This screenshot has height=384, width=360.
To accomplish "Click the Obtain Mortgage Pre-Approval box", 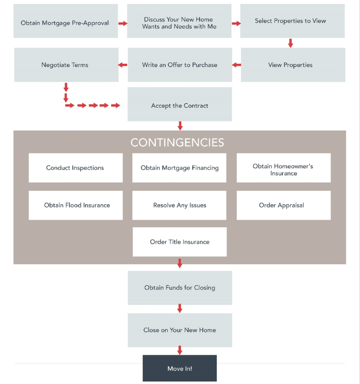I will click(65, 21).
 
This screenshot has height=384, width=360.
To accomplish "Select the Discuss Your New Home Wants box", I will click(179, 21).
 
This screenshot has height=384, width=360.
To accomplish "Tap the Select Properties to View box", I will click(292, 21).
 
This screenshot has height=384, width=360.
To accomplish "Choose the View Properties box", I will click(293, 65).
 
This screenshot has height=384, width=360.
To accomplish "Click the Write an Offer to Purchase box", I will click(180, 65).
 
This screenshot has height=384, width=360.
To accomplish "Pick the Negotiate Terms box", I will click(66, 65).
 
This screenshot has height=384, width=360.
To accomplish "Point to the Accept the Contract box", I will click(180, 105).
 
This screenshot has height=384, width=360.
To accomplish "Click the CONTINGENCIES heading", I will click(177, 143).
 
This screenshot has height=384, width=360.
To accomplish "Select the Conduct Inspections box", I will click(75, 168).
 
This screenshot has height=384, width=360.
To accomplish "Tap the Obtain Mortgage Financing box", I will click(180, 168).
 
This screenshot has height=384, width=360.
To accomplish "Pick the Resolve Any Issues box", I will click(180, 205).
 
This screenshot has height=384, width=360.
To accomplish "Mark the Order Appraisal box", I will click(283, 205).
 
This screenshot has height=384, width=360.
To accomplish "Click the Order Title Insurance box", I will click(180, 242).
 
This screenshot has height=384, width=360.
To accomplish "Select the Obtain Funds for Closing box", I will click(180, 288).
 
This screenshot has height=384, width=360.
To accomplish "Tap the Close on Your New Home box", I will click(180, 330).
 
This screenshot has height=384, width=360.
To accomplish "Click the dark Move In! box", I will click(180, 369).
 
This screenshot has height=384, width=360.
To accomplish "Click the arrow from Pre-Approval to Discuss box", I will click(122, 23).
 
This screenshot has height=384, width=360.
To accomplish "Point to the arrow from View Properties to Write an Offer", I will click(236, 65).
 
